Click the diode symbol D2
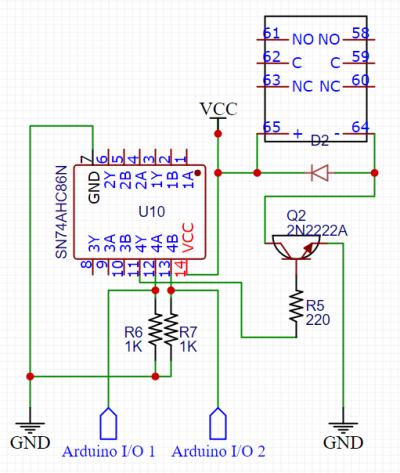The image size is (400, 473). (x=320, y=173)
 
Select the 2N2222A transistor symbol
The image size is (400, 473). (x=296, y=248)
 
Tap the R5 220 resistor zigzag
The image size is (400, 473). (x=296, y=306)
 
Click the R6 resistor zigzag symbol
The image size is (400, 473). (x=155, y=329)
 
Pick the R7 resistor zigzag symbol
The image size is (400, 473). (x=171, y=329)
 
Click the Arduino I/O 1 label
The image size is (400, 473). (x=109, y=451)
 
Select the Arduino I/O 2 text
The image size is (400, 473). (x=219, y=451)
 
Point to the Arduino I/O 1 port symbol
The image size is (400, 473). (x=109, y=423)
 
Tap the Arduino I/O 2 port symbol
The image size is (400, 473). (x=218, y=423)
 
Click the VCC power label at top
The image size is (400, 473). (x=219, y=109)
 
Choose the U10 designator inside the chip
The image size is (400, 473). (x=152, y=212)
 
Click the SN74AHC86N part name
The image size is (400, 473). (x=62, y=212)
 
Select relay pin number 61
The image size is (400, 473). (x=271, y=33)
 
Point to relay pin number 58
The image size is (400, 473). (x=361, y=33)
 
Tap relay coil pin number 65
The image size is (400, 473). (x=272, y=127)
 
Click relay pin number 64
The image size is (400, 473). (x=361, y=127)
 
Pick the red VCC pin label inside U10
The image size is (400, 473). (x=188, y=237)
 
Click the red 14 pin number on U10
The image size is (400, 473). (x=180, y=268)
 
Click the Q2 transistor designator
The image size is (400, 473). (x=296, y=216)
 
